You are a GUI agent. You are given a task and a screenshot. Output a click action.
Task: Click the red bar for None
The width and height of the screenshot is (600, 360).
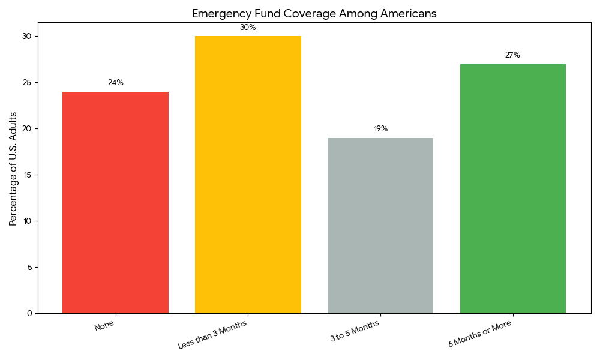click(115, 202)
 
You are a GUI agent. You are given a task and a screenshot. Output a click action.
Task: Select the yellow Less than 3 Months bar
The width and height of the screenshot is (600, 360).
click(248, 175)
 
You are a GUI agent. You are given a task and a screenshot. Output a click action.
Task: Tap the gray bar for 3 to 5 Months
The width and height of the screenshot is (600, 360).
click(380, 226)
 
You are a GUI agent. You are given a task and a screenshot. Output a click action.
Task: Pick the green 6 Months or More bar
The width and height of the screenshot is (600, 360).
click(513, 188)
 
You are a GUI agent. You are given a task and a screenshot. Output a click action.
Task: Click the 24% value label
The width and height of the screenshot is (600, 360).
click(115, 83)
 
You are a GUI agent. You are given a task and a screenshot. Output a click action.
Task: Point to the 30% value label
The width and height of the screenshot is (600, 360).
click(248, 28)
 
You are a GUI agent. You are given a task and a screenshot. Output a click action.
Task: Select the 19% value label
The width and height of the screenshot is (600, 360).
click(380, 129)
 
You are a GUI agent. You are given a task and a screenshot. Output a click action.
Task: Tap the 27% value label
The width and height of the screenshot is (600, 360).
click(512, 55)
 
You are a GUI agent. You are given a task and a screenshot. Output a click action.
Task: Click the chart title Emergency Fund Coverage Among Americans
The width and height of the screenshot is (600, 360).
click(314, 13)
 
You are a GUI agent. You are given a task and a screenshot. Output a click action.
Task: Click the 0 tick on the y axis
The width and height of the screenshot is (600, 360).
click(29, 313)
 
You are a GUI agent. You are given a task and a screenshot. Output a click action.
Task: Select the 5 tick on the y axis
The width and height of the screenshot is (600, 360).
click(29, 267)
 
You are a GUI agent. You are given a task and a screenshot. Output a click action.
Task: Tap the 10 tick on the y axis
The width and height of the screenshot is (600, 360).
click(27, 221)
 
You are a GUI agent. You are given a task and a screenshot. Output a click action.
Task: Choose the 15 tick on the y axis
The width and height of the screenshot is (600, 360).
click(27, 175)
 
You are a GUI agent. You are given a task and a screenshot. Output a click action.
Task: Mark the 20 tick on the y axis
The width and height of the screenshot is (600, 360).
click(27, 128)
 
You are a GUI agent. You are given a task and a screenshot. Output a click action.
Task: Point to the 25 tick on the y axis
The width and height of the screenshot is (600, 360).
click(27, 82)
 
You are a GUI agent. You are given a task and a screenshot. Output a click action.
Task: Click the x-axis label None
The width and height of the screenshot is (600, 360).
click(104, 326)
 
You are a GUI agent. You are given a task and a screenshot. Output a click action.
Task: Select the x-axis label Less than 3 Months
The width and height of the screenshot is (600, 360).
click(212, 335)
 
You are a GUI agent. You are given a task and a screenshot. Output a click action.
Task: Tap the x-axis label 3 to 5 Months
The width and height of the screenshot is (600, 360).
click(354, 331)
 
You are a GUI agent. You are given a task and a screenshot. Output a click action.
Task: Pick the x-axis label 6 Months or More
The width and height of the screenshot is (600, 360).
click(479, 334)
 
